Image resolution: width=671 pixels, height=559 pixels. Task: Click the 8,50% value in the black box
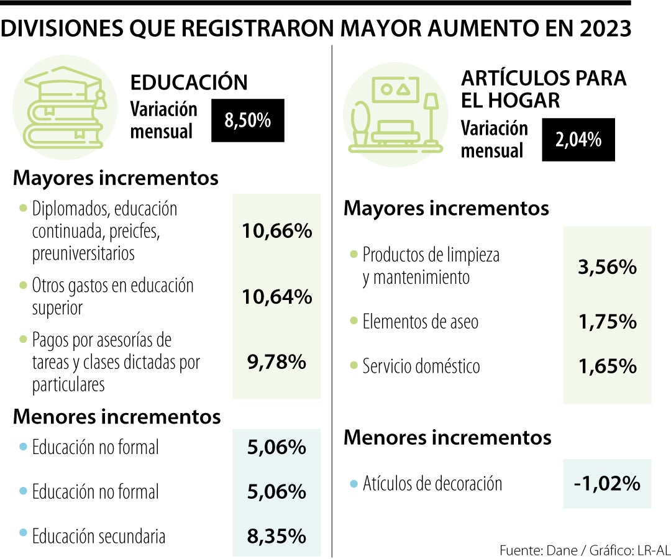pyautogui.click(x=248, y=120)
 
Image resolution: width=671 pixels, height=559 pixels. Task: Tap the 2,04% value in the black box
pyautogui.click(x=578, y=140)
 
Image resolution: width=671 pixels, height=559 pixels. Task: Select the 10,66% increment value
pyautogui.click(x=276, y=232)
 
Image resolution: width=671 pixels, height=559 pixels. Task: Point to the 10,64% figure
pyautogui.click(x=276, y=297)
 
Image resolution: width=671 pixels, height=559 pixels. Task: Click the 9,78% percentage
pyautogui.click(x=276, y=362)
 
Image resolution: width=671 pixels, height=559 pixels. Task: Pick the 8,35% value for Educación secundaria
pyautogui.click(x=276, y=535)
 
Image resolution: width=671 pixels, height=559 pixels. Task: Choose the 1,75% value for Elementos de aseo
pyautogui.click(x=607, y=322)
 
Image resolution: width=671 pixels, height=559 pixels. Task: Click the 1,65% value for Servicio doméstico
pyautogui.click(x=607, y=366)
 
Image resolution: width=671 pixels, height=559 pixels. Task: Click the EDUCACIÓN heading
pyautogui.click(x=189, y=82)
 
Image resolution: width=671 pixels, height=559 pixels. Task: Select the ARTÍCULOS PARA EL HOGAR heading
pyautogui.click(x=544, y=89)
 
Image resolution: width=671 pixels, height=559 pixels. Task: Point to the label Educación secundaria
pyautogui.click(x=99, y=536)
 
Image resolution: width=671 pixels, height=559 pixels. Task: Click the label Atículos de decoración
pyautogui.click(x=432, y=483)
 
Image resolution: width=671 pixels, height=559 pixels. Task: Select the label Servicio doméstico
pyautogui.click(x=421, y=366)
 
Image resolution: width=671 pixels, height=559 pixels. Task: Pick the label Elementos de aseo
pyautogui.click(x=420, y=322)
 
